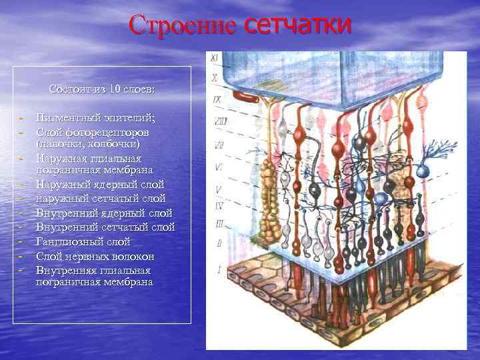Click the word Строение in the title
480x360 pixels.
[x=182, y=26]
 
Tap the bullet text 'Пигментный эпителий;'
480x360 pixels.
[x=95, y=118]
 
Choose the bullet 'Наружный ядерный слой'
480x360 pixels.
[x=100, y=184]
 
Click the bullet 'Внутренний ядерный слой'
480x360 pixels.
[x=105, y=213]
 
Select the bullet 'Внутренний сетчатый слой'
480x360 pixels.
[x=105, y=228]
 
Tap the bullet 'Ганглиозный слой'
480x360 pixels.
[x=83, y=242]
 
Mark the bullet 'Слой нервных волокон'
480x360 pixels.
[x=95, y=257]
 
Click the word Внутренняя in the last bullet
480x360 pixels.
[x=69, y=271]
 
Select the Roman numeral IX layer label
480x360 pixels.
[x=217, y=100]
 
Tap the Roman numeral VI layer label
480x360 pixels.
[x=218, y=167]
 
